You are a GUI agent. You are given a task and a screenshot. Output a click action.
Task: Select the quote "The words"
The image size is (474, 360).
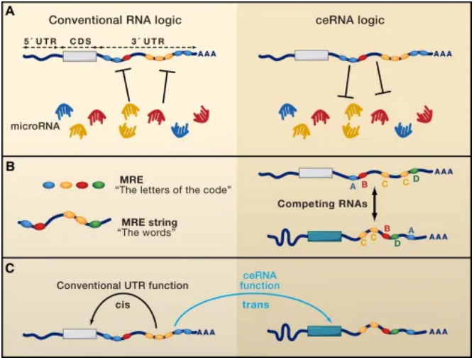tap(155, 231)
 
